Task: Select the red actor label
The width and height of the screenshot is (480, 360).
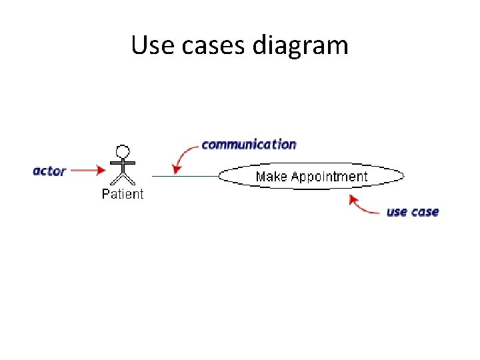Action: coord(49,171)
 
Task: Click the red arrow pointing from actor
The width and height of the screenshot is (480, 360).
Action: coord(87,171)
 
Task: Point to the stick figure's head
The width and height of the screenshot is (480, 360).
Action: coord(122,151)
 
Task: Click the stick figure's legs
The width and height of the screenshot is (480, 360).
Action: coord(122,179)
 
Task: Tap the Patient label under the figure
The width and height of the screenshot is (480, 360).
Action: coord(122,194)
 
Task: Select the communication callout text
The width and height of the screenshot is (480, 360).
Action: coord(249,144)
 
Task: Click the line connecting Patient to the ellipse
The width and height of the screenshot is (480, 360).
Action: coord(185,176)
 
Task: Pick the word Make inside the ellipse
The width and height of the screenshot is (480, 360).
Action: coord(271,177)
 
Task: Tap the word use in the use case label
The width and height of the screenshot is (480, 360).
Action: coord(397,212)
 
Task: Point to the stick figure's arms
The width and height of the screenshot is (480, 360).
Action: coord(122,163)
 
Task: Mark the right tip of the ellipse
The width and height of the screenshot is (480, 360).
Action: coord(403,176)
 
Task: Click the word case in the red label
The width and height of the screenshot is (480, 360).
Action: coord(425,212)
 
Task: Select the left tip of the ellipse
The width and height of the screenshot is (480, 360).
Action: coord(220,176)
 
